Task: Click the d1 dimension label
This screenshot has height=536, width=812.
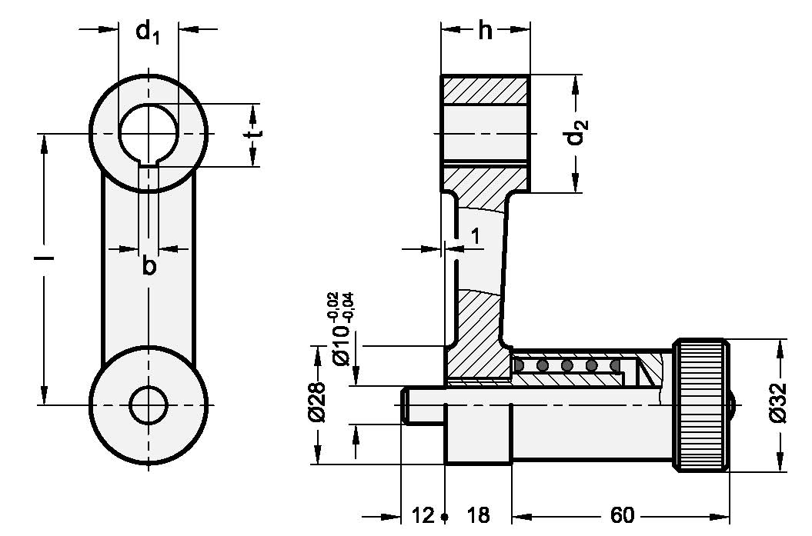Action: coord(147,33)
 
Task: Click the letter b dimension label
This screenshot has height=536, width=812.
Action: coord(149,267)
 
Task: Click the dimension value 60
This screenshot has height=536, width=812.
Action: coord(621,514)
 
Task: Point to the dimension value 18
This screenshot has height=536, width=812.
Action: coord(478,514)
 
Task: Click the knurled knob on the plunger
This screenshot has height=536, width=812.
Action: coord(701,405)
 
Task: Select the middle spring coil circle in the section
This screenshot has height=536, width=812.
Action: coord(567,365)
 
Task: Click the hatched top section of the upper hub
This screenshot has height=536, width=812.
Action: coord(484,90)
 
